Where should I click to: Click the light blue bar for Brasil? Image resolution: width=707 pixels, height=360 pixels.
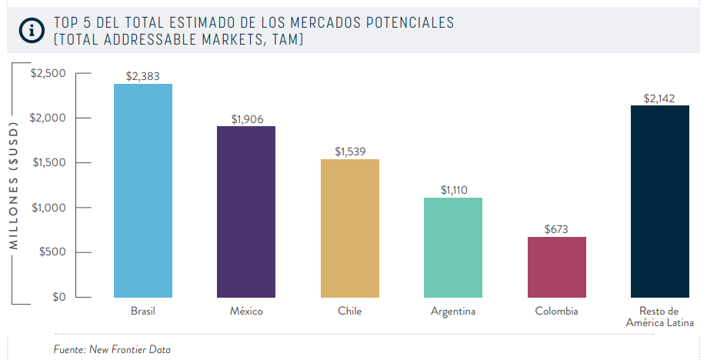pyautogui.click(x=143, y=190)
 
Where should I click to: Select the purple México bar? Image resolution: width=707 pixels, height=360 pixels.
pyautogui.click(x=246, y=212)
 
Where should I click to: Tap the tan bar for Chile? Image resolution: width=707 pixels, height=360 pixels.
pyautogui.click(x=350, y=228)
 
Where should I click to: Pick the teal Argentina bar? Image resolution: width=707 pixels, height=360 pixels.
pyautogui.click(x=453, y=247)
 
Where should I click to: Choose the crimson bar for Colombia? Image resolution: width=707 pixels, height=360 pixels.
pyautogui.click(x=557, y=266)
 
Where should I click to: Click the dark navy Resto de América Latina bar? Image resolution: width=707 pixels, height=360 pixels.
pyautogui.click(x=660, y=201)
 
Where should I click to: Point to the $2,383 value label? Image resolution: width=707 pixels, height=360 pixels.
pyautogui.click(x=143, y=76)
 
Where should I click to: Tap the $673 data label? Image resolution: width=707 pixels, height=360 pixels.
pyautogui.click(x=557, y=229)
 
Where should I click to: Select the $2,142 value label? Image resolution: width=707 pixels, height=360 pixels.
pyautogui.click(x=660, y=98)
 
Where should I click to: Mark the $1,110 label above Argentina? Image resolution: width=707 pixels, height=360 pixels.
pyautogui.click(x=454, y=189)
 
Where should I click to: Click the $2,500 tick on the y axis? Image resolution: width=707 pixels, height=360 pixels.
pyautogui.click(x=48, y=73)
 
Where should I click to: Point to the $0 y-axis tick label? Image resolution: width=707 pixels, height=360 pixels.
pyautogui.click(x=58, y=297)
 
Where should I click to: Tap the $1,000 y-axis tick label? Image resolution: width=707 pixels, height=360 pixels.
pyautogui.click(x=48, y=208)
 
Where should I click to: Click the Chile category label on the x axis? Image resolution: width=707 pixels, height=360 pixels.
pyautogui.click(x=349, y=312)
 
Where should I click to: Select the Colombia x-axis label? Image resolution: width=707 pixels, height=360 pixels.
pyautogui.click(x=556, y=312)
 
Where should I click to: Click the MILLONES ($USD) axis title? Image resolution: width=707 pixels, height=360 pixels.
pyautogui.click(x=13, y=185)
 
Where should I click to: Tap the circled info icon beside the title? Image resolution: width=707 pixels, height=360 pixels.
pyautogui.click(x=32, y=31)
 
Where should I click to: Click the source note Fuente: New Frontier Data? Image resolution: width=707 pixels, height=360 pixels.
pyautogui.click(x=112, y=349)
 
